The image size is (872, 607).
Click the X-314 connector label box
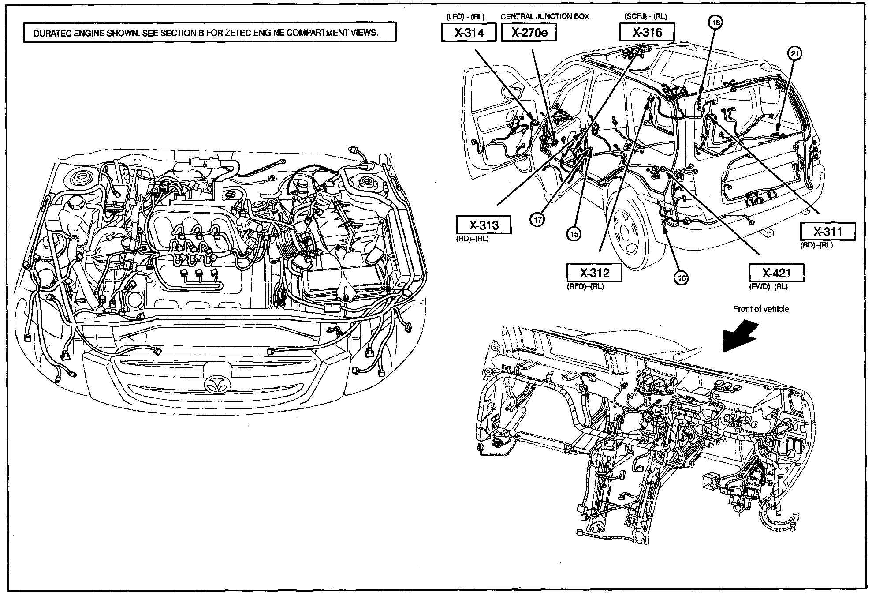click(x=469, y=32)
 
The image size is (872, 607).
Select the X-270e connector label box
click(x=529, y=32)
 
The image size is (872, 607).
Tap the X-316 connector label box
click(x=647, y=32)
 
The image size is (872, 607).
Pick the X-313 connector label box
click(x=484, y=225)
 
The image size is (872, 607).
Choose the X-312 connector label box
click(x=594, y=272)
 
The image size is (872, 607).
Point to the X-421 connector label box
click(x=776, y=273)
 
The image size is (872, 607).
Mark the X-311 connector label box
click(x=827, y=232)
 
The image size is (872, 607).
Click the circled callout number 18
click(x=715, y=22)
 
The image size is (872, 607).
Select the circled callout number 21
click(x=794, y=54)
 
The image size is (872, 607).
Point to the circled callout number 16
click(x=682, y=278)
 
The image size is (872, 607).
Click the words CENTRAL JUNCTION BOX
click(x=544, y=16)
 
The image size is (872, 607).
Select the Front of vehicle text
click(x=760, y=309)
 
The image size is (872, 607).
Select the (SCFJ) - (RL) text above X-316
click(x=645, y=16)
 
